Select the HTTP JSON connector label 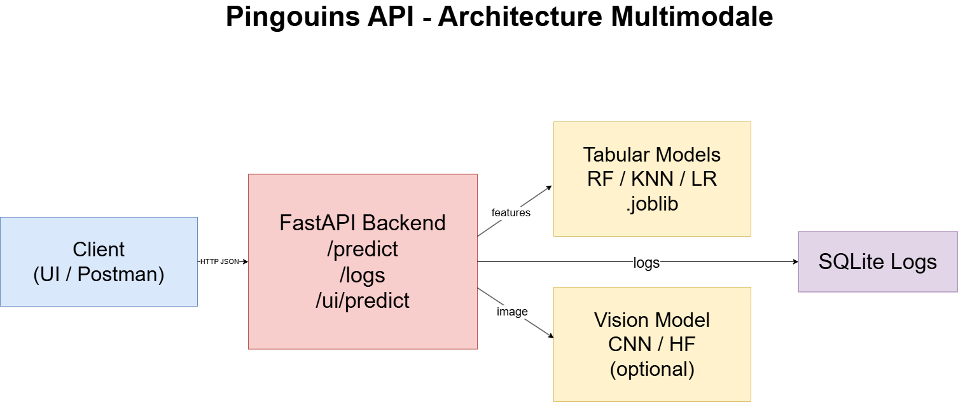click(219, 261)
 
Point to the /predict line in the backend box click(363, 249)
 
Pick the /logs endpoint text click(363, 275)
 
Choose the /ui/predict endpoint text click(363, 300)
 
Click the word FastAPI click(310, 223)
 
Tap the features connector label click(511, 213)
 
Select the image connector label click(512, 312)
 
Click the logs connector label click(646, 263)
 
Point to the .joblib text click(652, 204)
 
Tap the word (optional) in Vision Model click(652, 369)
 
